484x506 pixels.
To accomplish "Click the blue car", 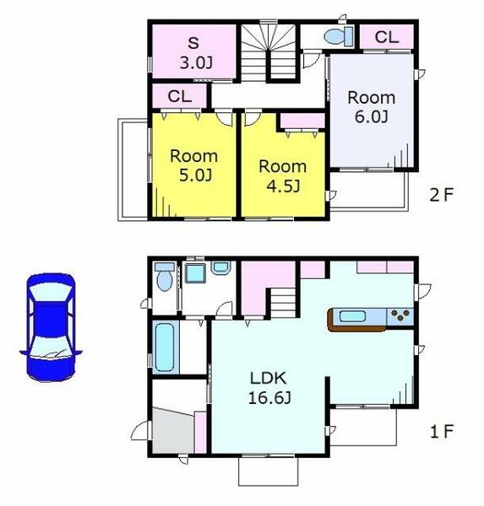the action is (x=51, y=327).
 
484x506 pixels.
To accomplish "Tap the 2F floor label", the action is (x=441, y=195).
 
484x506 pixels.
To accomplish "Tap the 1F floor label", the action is (x=442, y=431).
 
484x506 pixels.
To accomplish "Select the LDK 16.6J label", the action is (x=269, y=388).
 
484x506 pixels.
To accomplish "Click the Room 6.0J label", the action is (x=372, y=107).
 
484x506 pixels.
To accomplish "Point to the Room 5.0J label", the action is (x=194, y=165).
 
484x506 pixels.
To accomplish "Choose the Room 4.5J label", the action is (x=283, y=176).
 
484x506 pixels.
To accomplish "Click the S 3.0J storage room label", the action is (x=196, y=53).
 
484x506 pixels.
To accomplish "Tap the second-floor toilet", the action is (x=339, y=36).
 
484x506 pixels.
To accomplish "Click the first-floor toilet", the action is (x=165, y=277).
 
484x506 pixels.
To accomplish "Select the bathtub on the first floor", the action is (x=165, y=347).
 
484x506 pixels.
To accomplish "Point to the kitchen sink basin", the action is (x=353, y=316).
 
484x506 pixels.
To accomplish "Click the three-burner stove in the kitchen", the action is (x=400, y=315).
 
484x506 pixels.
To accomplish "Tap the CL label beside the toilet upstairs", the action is (x=387, y=37).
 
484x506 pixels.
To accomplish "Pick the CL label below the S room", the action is (x=180, y=96).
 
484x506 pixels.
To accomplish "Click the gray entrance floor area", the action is (x=173, y=432).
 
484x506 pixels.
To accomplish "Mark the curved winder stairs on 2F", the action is (x=268, y=51).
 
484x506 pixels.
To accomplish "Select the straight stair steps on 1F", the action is (x=283, y=303).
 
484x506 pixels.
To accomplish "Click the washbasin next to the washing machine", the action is (x=220, y=267).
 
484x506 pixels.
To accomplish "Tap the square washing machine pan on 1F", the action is (x=195, y=273).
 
